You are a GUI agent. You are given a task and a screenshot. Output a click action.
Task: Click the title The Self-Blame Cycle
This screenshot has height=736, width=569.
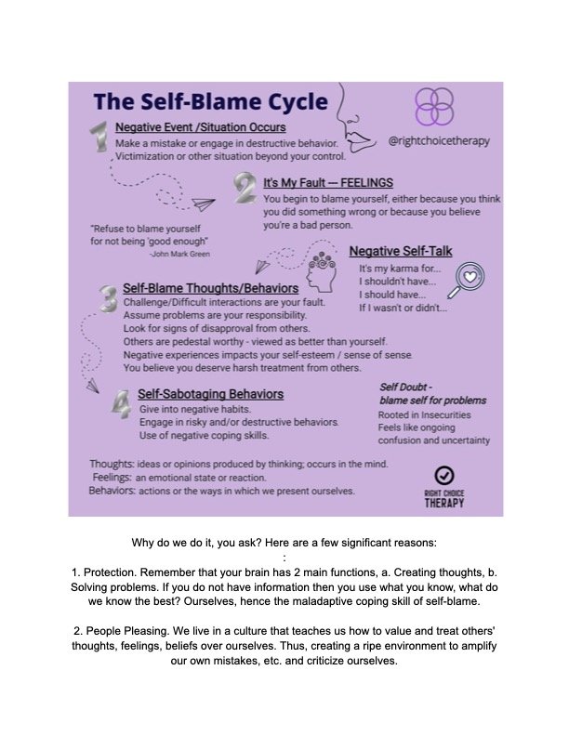(209, 100)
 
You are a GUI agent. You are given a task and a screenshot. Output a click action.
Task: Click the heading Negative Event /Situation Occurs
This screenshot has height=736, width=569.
(200, 127)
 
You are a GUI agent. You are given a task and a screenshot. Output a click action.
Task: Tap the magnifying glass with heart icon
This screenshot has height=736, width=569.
(470, 277)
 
